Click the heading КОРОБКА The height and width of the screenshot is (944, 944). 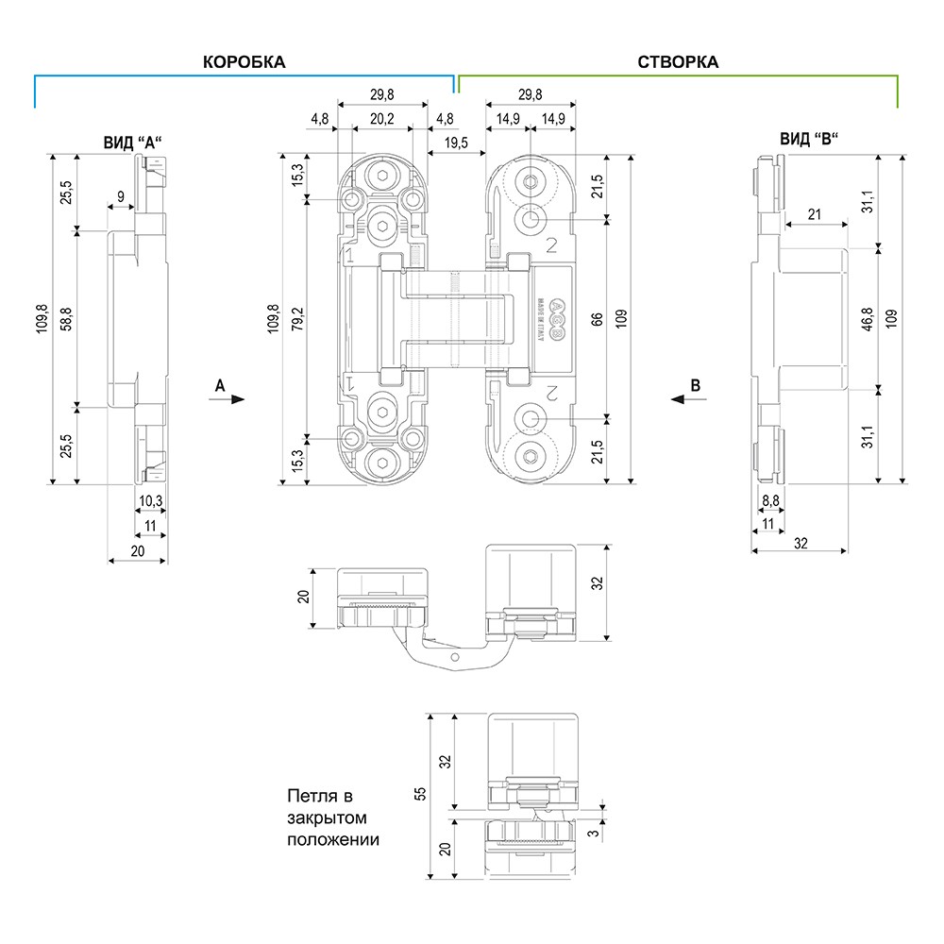244,62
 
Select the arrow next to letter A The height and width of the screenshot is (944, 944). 232,399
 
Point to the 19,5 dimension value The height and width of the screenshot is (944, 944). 455,142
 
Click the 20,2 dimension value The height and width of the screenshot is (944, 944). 382,119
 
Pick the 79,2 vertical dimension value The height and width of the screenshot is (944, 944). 297,321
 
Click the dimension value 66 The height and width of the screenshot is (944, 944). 597,319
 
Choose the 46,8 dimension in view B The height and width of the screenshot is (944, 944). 868,318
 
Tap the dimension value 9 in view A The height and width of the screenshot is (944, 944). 120,196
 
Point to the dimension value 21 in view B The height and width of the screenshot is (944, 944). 814,215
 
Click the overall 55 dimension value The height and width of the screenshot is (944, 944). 421,794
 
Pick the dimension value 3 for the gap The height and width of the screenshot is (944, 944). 593,834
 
